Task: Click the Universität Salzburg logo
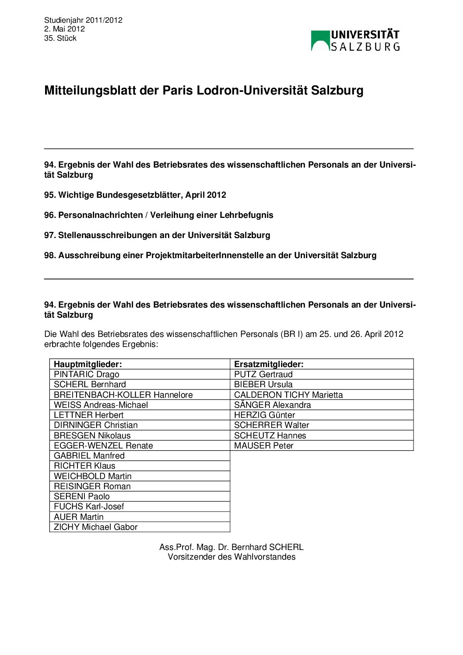pyautogui.click(x=355, y=41)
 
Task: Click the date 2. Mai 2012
pyautogui.click(x=64, y=29)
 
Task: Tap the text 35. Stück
pyautogui.click(x=60, y=38)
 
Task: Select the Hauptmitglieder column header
pyautogui.click(x=88, y=364)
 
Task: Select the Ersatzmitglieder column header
pyautogui.click(x=269, y=364)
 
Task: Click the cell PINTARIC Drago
pyautogui.click(x=87, y=374)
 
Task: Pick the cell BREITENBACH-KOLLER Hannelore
pyautogui.click(x=123, y=395)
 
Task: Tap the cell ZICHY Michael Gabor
pyautogui.click(x=95, y=527)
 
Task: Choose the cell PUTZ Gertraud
pyautogui.click(x=263, y=374)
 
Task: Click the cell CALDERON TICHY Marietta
pyautogui.click(x=288, y=395)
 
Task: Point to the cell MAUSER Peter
pyautogui.click(x=263, y=445)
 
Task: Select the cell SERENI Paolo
pyautogui.click(x=82, y=496)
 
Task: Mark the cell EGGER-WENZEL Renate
pyautogui.click(x=103, y=445)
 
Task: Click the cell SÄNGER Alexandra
pyautogui.click(x=272, y=405)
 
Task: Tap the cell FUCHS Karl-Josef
pyautogui.click(x=89, y=506)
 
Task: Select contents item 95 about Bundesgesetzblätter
pyautogui.click(x=135, y=195)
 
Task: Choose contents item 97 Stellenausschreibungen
pyautogui.click(x=157, y=235)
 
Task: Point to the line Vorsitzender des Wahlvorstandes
pyautogui.click(x=231, y=557)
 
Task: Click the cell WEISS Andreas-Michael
pyautogui.click(x=101, y=405)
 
